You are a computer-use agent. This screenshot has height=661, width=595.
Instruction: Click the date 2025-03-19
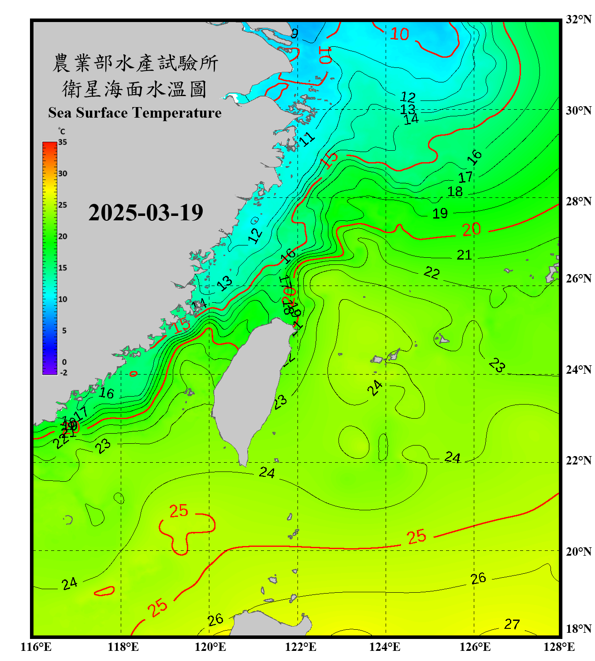[x=145, y=213]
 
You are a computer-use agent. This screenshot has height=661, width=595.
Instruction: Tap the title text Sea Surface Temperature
[x=135, y=113]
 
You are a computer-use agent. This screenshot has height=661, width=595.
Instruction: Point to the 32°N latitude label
[x=578, y=19]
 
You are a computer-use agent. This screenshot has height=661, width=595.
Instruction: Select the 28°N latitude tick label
[x=578, y=201]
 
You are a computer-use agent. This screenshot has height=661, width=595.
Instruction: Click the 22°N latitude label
[x=578, y=460]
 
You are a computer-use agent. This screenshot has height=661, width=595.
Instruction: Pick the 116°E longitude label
[x=36, y=647]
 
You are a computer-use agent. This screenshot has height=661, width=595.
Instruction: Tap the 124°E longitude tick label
[x=385, y=647]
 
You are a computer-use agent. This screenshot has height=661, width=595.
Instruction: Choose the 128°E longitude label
[x=559, y=647]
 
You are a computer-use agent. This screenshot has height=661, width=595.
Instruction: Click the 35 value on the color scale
[x=63, y=142]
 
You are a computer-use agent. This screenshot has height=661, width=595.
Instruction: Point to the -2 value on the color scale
[x=63, y=373]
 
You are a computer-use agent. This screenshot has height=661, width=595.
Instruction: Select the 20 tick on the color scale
[x=63, y=237]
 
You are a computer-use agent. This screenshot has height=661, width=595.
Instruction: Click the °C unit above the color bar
[x=62, y=131]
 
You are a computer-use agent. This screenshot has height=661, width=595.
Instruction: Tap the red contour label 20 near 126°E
[x=471, y=229]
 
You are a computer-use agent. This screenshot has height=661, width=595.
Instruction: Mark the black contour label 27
[x=512, y=624]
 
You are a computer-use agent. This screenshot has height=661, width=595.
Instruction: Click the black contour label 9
[x=294, y=33]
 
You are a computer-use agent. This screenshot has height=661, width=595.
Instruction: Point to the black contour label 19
[x=440, y=214]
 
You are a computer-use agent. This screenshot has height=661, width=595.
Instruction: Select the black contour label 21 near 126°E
[x=464, y=255]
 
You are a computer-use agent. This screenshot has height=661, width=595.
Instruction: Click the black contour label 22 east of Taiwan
[x=431, y=273]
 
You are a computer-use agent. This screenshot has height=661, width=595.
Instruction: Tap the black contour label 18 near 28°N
[x=455, y=192]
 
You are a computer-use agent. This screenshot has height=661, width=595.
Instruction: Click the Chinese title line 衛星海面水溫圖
[x=134, y=89]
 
